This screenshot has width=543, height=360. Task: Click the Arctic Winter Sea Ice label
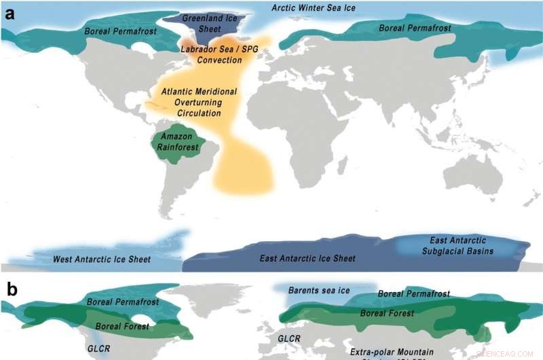click(314, 7)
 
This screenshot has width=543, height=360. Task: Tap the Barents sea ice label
click(319, 291)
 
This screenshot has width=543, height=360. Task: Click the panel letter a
click(11, 14)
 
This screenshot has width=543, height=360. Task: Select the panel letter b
click(12, 289)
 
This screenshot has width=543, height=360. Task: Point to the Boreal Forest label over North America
click(122, 326)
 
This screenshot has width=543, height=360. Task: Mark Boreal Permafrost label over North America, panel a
click(120, 31)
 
